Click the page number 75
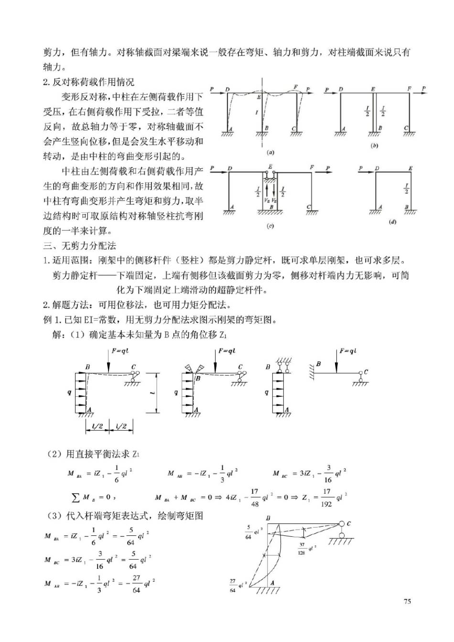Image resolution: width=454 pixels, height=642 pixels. (x=407, y=601)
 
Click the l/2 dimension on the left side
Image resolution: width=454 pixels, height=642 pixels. (x=97, y=426)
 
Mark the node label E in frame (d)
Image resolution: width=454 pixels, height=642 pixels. (x=410, y=169)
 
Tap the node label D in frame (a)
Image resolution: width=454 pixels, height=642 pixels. (x=228, y=89)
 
